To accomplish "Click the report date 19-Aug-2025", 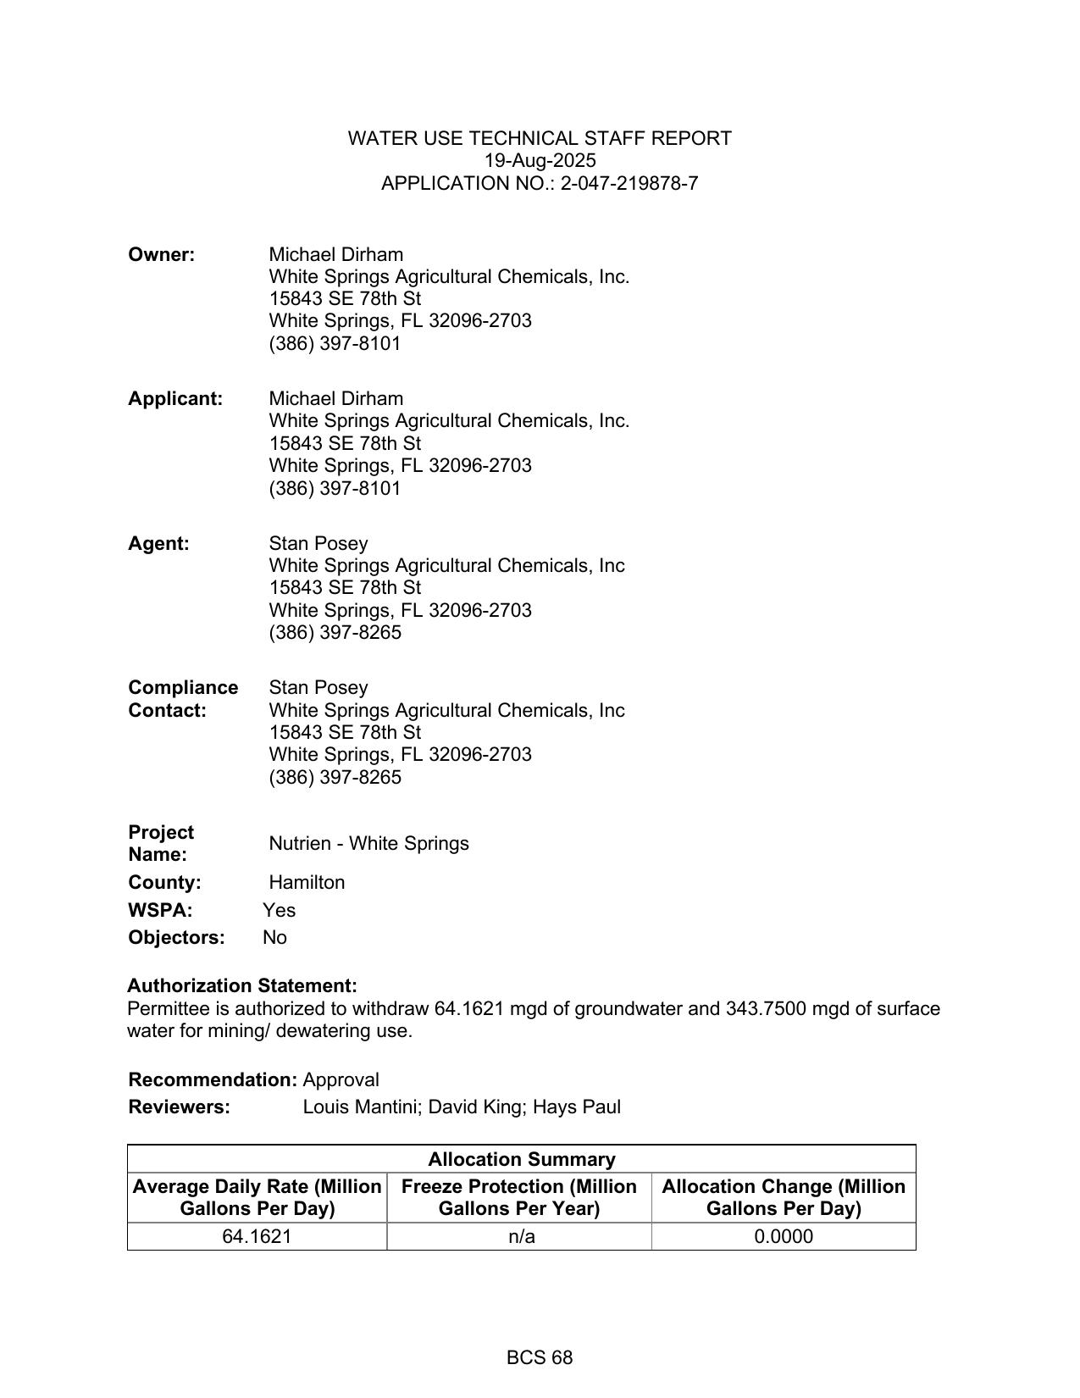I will (540, 161).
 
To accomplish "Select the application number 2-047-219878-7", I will (629, 184).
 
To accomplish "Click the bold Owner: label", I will (162, 255).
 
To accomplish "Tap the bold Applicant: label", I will (175, 399).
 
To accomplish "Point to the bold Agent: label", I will (159, 544).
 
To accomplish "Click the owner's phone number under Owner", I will (335, 344).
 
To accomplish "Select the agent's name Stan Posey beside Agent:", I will (318, 544).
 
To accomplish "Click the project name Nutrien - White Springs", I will (368, 844).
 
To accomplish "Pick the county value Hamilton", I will (307, 883).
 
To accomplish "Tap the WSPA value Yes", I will (279, 911).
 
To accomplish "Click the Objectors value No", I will (274, 938).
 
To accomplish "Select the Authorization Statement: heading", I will (242, 986).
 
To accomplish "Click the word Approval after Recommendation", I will (341, 1080).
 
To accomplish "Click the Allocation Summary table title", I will (521, 1160).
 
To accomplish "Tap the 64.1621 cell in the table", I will (257, 1237).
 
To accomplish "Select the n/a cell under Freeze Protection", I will (521, 1237).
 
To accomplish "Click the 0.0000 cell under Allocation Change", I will (783, 1237).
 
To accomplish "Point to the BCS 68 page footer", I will (540, 1358).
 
